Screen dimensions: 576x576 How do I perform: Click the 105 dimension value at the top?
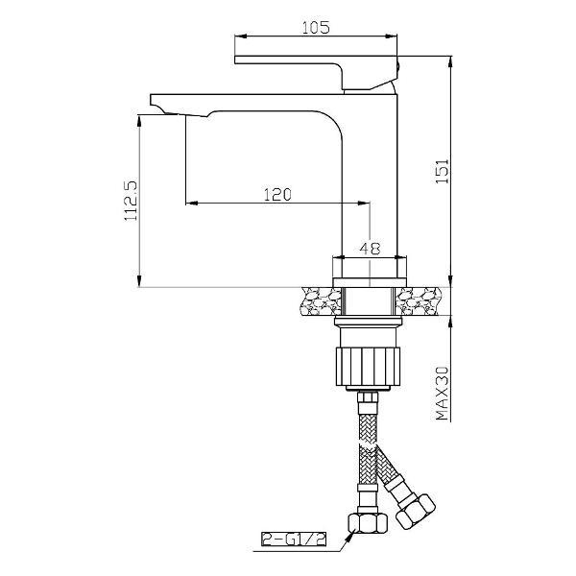(x=316, y=28)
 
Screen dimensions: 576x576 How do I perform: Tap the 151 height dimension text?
(x=443, y=172)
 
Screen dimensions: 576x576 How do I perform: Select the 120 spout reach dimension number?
(x=277, y=194)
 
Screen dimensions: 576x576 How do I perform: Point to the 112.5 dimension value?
(x=132, y=200)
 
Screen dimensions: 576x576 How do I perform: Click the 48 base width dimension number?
(x=370, y=249)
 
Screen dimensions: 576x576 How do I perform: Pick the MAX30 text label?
(x=443, y=393)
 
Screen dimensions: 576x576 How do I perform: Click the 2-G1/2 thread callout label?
(x=294, y=540)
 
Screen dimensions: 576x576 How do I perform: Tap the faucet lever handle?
(x=316, y=73)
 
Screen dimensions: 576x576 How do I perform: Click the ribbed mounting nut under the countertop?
(x=368, y=367)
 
